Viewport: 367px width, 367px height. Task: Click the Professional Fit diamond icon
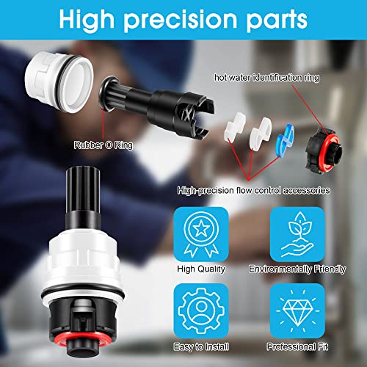point(297,310)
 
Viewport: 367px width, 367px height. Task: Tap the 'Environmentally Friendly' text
point(297,269)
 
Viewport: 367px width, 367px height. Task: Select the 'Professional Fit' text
point(297,347)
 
